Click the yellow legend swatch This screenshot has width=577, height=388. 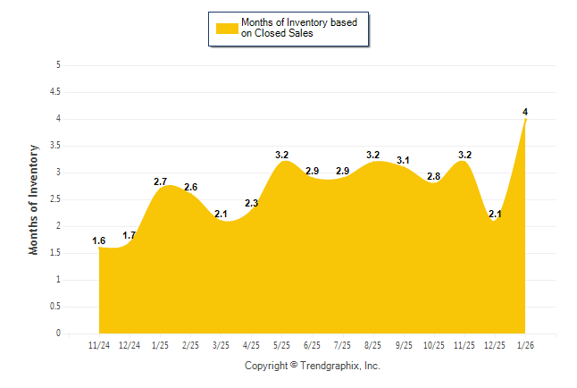[227, 28]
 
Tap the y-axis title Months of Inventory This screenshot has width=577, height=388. [34, 199]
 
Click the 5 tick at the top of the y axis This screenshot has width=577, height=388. [58, 64]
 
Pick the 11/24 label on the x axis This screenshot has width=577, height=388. [100, 344]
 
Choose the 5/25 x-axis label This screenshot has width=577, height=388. [282, 344]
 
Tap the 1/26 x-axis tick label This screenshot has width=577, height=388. [525, 344]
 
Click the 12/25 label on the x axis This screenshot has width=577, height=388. [495, 344]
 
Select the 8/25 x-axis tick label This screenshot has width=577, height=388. [373, 344]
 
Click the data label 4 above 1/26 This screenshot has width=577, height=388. [525, 111]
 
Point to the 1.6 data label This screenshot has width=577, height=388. [100, 240]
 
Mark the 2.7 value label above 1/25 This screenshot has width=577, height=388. [161, 181]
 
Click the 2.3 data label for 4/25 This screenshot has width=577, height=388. [252, 203]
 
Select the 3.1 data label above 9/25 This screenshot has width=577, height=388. [404, 160]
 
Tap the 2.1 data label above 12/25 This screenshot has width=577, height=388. [495, 214]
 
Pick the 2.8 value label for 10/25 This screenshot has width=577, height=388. [434, 176]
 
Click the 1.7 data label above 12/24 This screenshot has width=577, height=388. [130, 235]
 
